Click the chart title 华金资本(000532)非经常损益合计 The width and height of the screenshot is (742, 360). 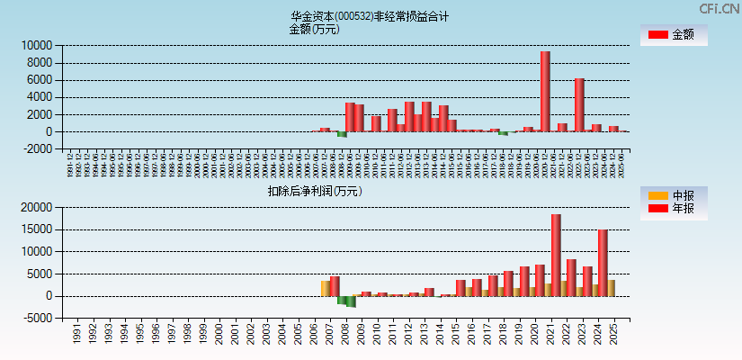370,16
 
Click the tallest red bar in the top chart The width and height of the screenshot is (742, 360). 545,91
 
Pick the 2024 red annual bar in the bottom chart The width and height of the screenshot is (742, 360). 603,263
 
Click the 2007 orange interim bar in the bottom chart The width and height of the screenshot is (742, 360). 326,288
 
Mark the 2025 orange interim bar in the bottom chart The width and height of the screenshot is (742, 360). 612,287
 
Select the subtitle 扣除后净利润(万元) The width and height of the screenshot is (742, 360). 314,191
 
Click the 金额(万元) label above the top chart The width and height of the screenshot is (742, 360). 314,29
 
